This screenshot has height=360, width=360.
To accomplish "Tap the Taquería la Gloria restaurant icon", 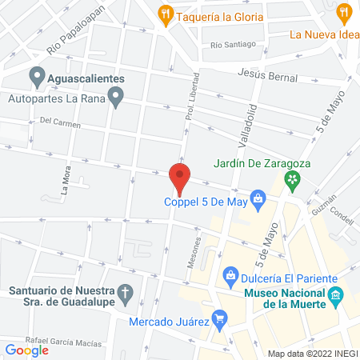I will [166, 13].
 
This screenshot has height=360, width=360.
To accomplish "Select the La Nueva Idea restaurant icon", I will [345, 12].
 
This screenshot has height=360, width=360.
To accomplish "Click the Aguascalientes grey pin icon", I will [36, 78].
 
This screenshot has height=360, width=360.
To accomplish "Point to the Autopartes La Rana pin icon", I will [116, 99].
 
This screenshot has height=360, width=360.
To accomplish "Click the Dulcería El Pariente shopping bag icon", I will [231, 276].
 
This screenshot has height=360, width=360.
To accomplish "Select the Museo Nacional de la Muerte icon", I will [337, 297].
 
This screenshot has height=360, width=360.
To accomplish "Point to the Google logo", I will [26, 350].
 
